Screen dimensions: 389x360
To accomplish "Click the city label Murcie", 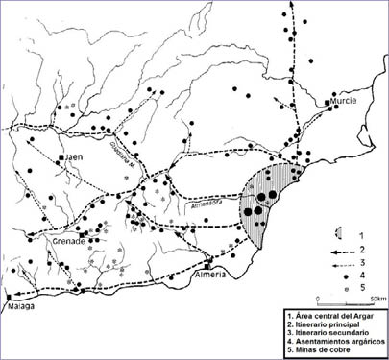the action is click(346, 99).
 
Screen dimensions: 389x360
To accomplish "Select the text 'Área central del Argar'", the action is click(335, 316).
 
